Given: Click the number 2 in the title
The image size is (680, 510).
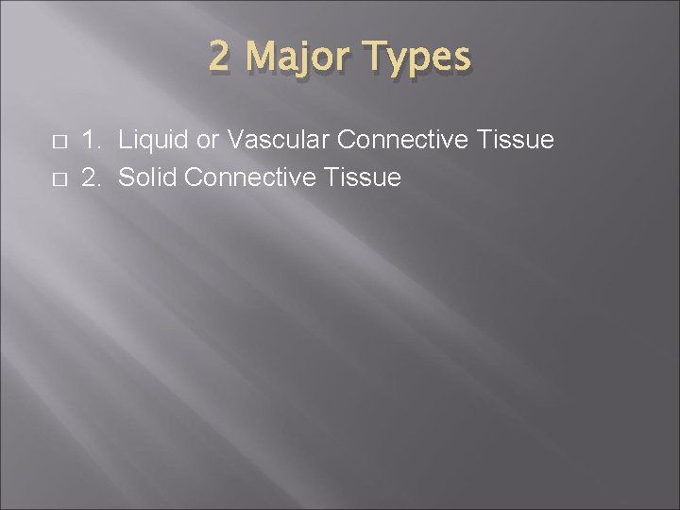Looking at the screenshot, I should [x=220, y=58].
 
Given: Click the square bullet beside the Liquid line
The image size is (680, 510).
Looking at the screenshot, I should [x=59, y=142].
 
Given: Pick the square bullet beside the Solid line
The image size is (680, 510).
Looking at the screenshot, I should [x=59, y=178].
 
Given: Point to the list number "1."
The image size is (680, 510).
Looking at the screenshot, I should [x=92, y=141].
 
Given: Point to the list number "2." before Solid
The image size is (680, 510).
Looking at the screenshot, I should [x=92, y=177].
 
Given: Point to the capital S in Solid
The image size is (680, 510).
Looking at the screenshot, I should [x=127, y=177].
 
